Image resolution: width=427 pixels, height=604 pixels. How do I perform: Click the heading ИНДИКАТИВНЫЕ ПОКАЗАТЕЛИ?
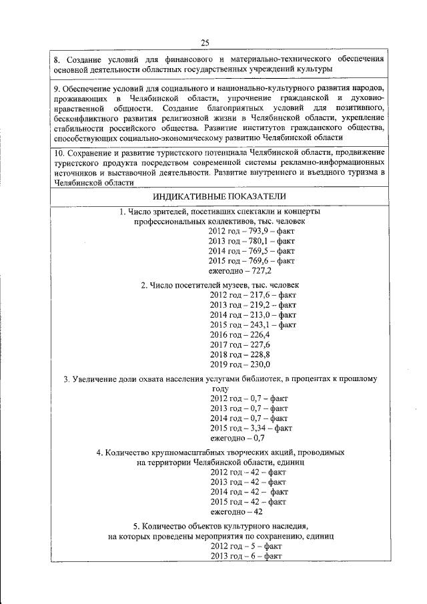[220, 196]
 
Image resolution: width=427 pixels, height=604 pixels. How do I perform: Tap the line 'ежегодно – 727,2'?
[240, 270]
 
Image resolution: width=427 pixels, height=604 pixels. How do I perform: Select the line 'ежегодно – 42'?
[236, 512]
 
